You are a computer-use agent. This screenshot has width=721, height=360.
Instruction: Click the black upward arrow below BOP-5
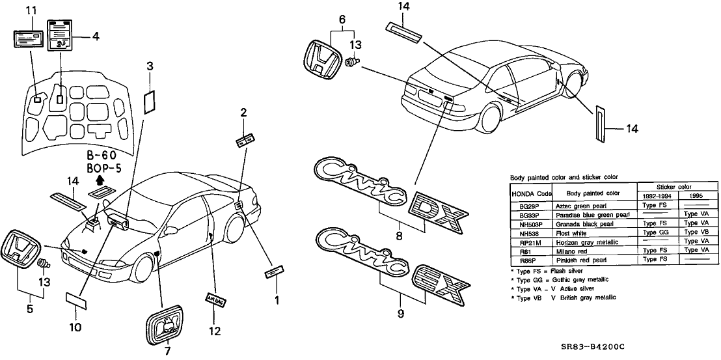(100, 180)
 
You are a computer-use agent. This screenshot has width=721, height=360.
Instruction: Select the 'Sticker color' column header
(677, 187)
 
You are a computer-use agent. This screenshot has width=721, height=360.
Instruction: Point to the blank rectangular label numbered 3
(150, 100)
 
